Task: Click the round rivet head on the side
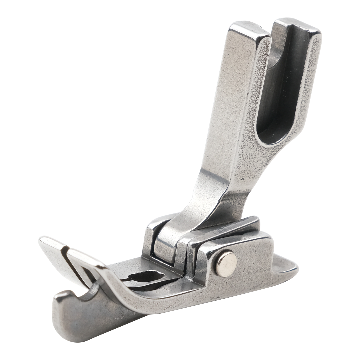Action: tap(226, 264)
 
